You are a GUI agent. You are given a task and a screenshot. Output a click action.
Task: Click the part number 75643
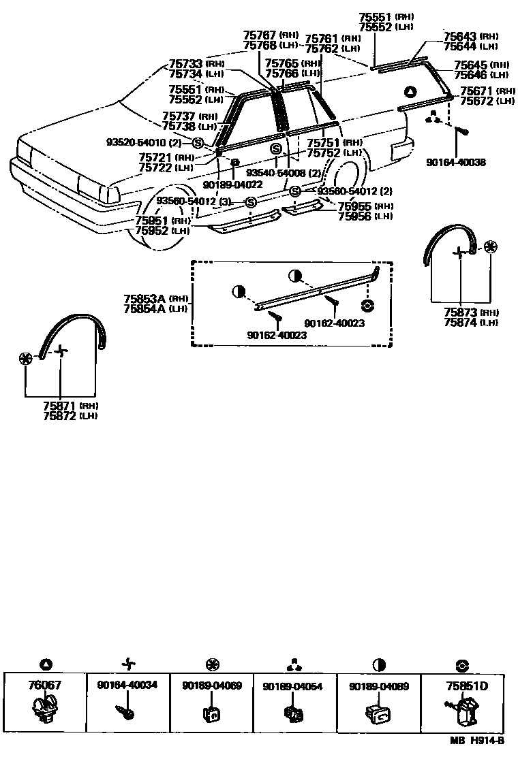pyautogui.click(x=460, y=36)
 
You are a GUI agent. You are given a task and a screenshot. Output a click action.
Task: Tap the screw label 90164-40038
pyautogui.click(x=456, y=163)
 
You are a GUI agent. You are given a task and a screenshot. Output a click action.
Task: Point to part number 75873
pyautogui.click(x=460, y=312)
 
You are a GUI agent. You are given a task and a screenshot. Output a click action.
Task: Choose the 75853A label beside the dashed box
pyautogui.click(x=144, y=299)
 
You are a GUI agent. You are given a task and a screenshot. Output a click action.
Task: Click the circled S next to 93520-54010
pyautogui.click(x=198, y=142)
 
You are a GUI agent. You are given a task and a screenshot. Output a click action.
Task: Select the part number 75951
pyautogui.click(x=152, y=221)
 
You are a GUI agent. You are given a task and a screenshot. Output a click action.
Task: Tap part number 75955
pyautogui.click(x=355, y=206)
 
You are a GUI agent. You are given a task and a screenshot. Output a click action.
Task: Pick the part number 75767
pyautogui.click(x=260, y=35)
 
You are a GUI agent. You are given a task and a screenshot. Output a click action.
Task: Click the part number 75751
pyautogui.click(x=324, y=143)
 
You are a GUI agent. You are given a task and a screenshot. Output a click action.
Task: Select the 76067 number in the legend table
pyautogui.click(x=45, y=686)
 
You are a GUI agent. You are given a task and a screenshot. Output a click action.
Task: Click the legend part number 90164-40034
pyautogui.click(x=127, y=686)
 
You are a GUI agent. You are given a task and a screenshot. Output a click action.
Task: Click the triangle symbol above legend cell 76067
pyautogui.click(x=45, y=664)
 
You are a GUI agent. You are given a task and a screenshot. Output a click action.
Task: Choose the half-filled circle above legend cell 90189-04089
pyautogui.click(x=379, y=664)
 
